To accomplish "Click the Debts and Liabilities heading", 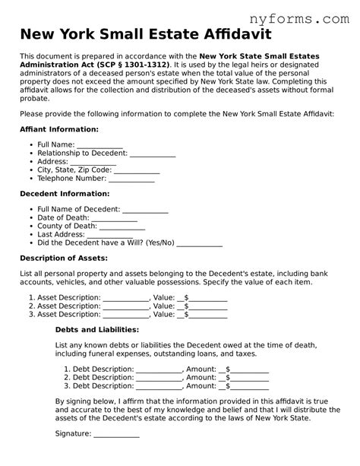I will pos(97,330).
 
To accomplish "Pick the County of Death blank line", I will pos(122,226).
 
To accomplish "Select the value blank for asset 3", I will pos(207,314).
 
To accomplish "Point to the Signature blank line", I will pos(116,434).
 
